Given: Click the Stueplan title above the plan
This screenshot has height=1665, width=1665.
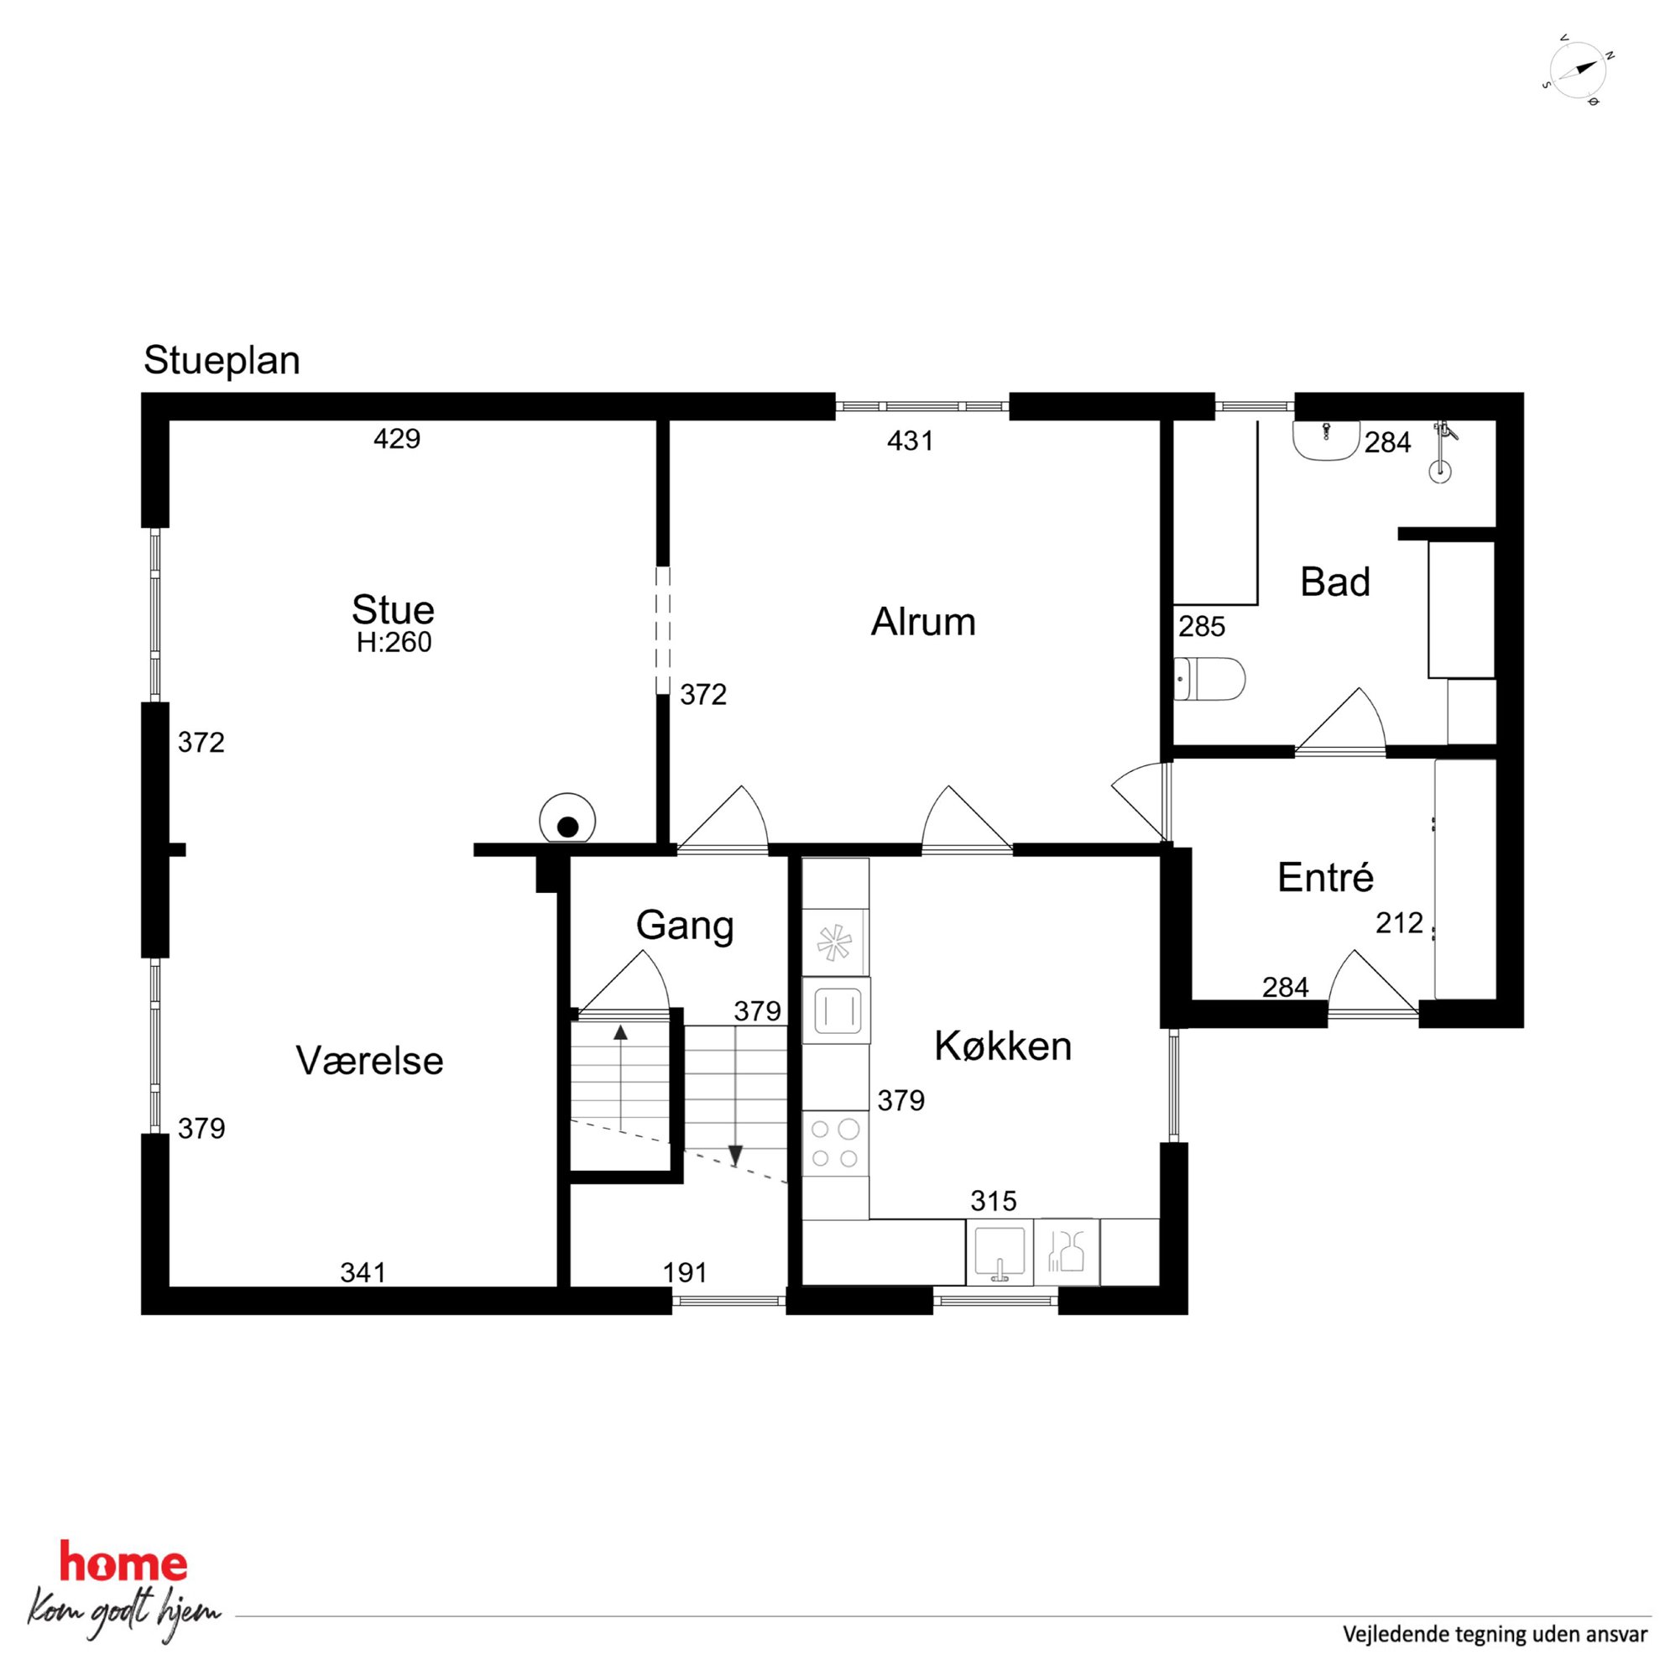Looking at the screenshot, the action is [x=222, y=361].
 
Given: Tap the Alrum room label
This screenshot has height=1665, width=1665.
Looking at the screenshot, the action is [x=923, y=621].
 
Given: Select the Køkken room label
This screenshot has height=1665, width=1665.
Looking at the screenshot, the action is [x=1003, y=1046].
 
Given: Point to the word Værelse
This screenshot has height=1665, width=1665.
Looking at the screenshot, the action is [x=370, y=1060].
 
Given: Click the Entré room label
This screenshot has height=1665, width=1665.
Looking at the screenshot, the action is [x=1325, y=876].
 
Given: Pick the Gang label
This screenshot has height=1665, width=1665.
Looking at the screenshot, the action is [x=685, y=926].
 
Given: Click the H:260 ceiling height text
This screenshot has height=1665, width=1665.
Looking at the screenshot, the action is [x=394, y=642].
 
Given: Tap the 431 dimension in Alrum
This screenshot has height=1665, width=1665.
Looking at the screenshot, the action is [x=910, y=441].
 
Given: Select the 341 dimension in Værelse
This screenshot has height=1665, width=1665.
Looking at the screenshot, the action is [x=363, y=1272].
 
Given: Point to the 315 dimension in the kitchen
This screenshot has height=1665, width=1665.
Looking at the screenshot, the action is [x=994, y=1200].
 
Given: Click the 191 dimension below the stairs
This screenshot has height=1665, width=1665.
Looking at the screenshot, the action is [x=684, y=1272].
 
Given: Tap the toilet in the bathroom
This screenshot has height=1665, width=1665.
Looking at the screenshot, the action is [x=1210, y=679].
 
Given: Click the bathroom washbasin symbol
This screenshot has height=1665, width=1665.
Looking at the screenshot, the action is [x=1326, y=440].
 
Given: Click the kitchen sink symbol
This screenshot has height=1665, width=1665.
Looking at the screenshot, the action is [x=1000, y=1253].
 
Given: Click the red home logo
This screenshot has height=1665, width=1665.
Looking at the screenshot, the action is [x=123, y=1563].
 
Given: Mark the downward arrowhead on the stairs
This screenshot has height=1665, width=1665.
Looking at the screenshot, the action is [x=735, y=1155].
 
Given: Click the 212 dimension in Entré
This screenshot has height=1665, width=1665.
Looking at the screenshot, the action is [x=1400, y=923].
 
